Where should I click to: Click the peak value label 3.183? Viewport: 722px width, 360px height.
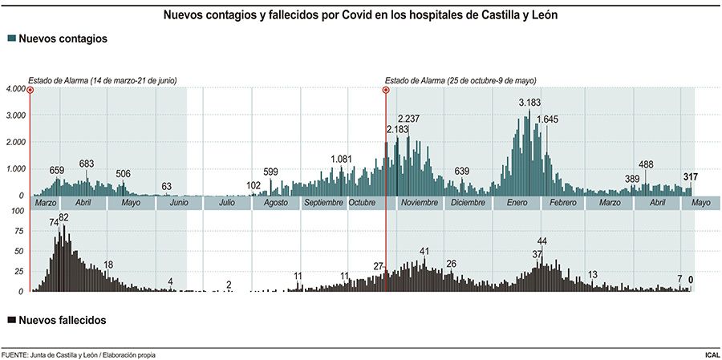(x=530, y=103)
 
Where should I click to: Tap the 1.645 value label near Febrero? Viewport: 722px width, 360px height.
(x=547, y=119)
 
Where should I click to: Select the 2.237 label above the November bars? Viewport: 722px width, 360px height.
(x=408, y=119)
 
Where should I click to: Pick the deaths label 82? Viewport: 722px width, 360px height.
(x=63, y=218)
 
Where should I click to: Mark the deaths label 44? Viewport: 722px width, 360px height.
(x=542, y=241)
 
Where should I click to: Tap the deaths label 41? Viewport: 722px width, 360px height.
(x=424, y=252)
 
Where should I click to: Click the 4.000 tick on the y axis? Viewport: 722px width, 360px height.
(x=15, y=88)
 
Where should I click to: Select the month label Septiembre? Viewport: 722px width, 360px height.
(x=323, y=203)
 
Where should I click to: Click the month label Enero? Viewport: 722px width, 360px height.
(x=517, y=203)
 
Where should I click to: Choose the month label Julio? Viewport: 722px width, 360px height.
(x=226, y=203)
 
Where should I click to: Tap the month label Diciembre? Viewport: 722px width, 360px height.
(x=468, y=203)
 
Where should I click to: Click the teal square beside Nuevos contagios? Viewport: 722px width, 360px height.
(x=10, y=38)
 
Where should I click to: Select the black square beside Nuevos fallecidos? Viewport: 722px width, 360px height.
(x=10, y=319)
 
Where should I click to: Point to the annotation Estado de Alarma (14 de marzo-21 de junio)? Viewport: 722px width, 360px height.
(x=103, y=80)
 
